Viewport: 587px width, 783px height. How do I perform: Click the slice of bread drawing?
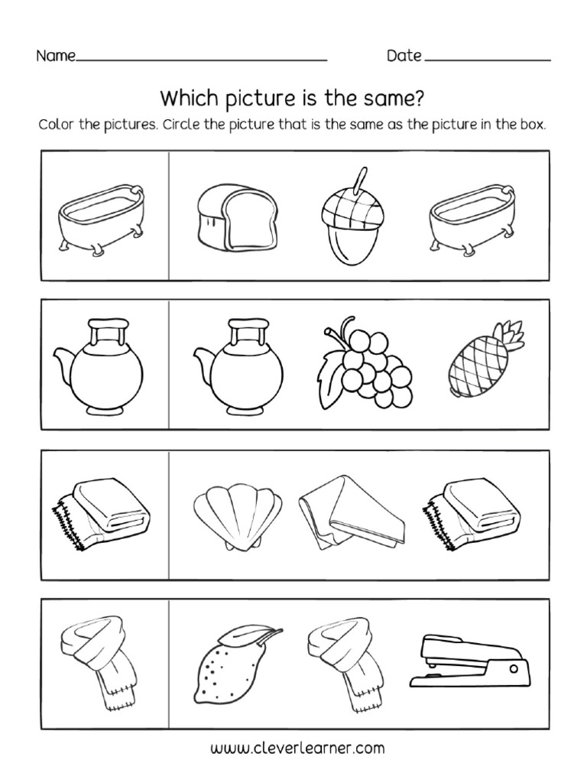pyautogui.click(x=226, y=213)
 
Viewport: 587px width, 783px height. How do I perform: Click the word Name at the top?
pyautogui.click(x=55, y=56)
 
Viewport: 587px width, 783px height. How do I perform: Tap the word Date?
pyautogui.click(x=404, y=55)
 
